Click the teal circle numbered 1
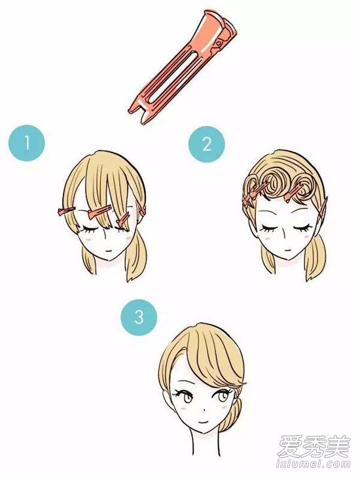click(x=27, y=143)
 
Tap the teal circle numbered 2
click(x=207, y=144)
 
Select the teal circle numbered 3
click(x=139, y=317)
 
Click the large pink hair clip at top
click(x=183, y=67)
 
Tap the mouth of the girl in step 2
click(x=286, y=250)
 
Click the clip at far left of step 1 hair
click(x=66, y=211)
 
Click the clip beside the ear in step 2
click(x=324, y=208)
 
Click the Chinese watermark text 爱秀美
click(x=314, y=447)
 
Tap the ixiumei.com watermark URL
click(x=314, y=465)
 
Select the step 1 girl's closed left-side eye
click(x=88, y=229)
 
